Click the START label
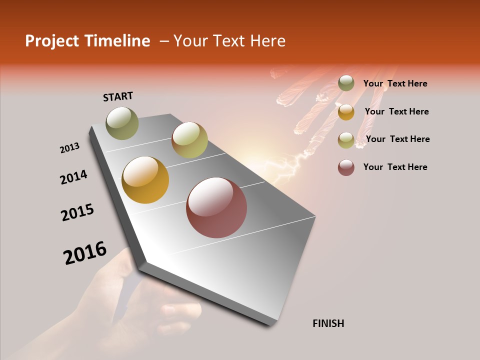118,96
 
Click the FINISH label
328,323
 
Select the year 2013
70,148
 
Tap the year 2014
74,177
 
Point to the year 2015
77,212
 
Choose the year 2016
85,253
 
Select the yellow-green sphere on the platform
189,140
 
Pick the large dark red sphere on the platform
216,207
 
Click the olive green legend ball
346,83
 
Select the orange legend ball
346,111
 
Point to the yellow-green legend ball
346,139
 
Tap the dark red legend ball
346,167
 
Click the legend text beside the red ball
395,167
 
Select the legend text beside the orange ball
396,111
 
